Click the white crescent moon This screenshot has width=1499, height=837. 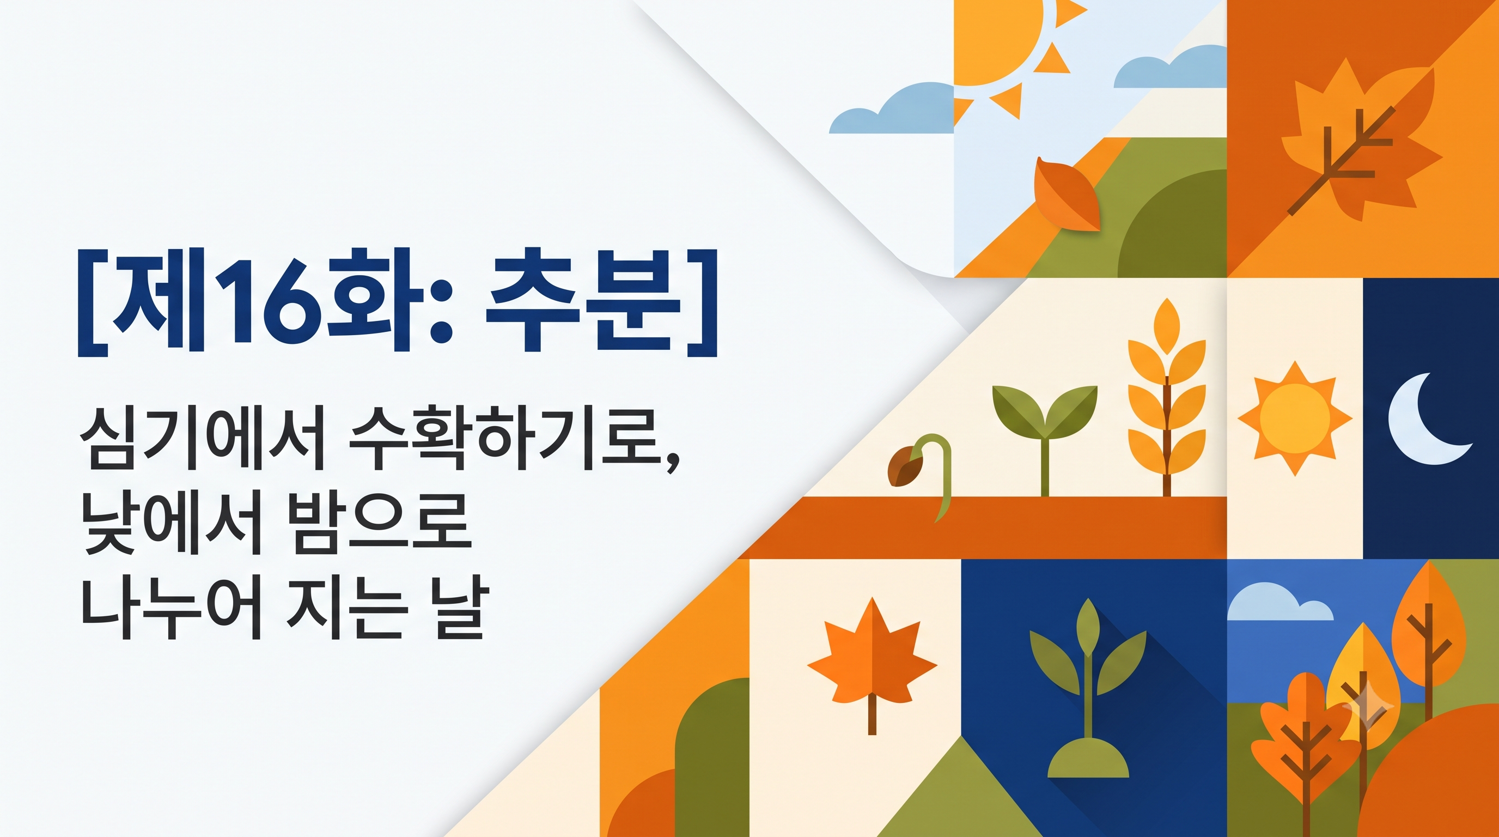(x=1428, y=418)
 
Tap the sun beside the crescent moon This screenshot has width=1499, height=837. (x=1294, y=418)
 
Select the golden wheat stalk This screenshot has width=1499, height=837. (x=1167, y=396)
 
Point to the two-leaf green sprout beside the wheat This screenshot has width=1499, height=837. (x=1045, y=439)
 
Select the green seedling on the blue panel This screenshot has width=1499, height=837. (x=1088, y=669)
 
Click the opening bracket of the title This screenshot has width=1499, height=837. (x=93, y=302)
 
